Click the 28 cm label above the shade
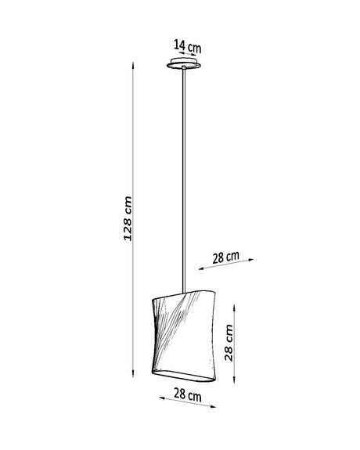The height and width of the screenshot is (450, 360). click(x=225, y=257)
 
